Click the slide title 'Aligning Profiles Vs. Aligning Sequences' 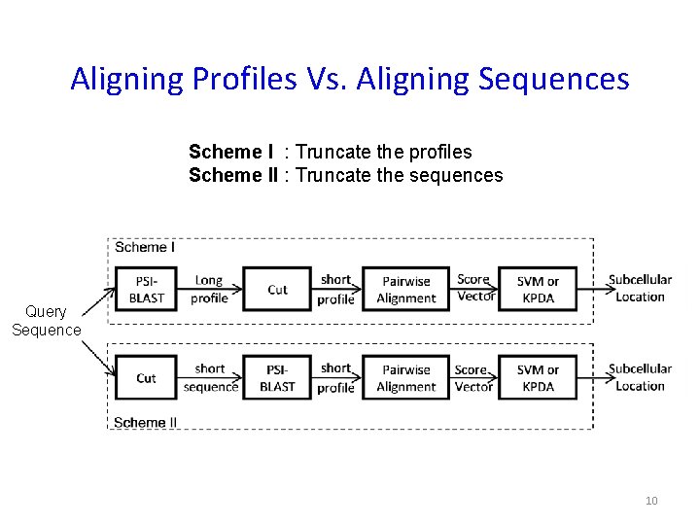tap(350, 79)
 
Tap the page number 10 tap(651, 501)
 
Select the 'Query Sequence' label tap(46, 321)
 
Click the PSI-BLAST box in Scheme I tap(146, 289)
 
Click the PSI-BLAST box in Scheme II tap(277, 377)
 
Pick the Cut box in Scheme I tap(277, 289)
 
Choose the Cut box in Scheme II tap(146, 377)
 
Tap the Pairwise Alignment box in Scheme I tap(406, 289)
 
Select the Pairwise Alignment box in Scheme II tap(406, 377)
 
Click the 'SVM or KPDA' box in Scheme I tap(538, 289)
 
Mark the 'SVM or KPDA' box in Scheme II tap(538, 377)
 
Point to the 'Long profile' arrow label tap(209, 289)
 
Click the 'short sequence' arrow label tap(210, 377)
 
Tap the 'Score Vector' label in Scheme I tap(474, 288)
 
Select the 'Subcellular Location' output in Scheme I tap(640, 288)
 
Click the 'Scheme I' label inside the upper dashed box tap(145, 247)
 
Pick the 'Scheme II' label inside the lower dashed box tap(146, 422)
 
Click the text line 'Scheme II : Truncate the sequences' tap(345, 175)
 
